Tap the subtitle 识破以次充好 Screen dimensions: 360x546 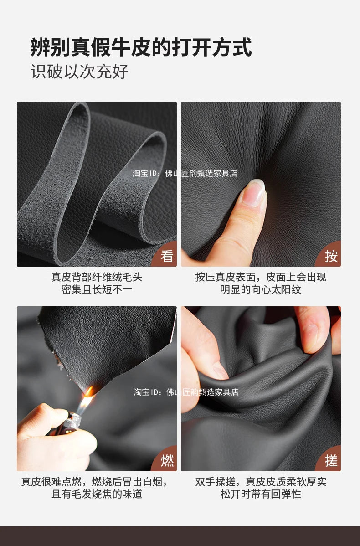click(80, 72)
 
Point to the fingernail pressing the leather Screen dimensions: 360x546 click(253, 191)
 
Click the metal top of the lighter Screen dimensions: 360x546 click(73, 422)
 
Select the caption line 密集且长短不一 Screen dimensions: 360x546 click(97, 289)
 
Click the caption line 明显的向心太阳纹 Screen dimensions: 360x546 click(261, 289)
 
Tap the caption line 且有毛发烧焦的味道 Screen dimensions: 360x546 click(97, 494)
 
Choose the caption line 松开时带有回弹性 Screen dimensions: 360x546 click(261, 494)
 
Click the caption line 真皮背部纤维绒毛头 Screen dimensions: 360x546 click(97, 277)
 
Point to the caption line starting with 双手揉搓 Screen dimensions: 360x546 click(261, 482)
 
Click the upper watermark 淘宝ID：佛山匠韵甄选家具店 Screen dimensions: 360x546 click(185, 173)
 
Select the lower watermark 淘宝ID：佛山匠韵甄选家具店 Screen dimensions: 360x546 click(186, 392)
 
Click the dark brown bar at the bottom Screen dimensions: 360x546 click(180, 536)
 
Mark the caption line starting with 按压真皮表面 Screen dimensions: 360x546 click(261, 277)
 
